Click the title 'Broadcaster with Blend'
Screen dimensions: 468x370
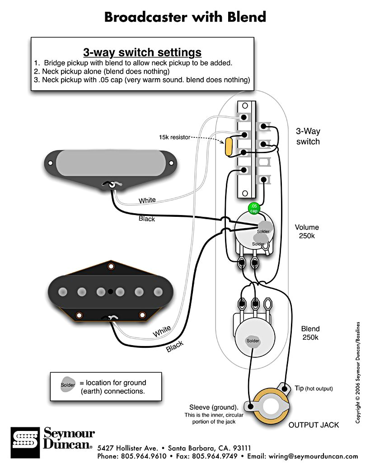(x=185, y=17)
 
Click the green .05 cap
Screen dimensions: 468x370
(x=254, y=208)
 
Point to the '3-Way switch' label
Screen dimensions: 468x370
(x=308, y=136)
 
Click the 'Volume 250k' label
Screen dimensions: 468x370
(x=307, y=232)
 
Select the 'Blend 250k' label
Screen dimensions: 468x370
(x=310, y=333)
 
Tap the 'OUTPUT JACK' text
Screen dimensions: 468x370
(x=314, y=425)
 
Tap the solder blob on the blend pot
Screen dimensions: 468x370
(x=253, y=340)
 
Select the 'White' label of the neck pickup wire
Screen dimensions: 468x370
(x=147, y=200)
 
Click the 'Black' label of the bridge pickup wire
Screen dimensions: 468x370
(x=174, y=346)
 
